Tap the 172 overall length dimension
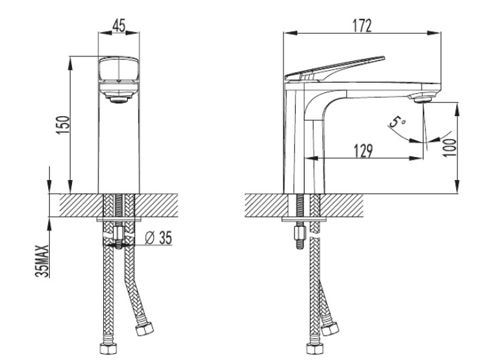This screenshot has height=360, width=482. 362,26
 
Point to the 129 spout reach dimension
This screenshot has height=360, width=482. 363,151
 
